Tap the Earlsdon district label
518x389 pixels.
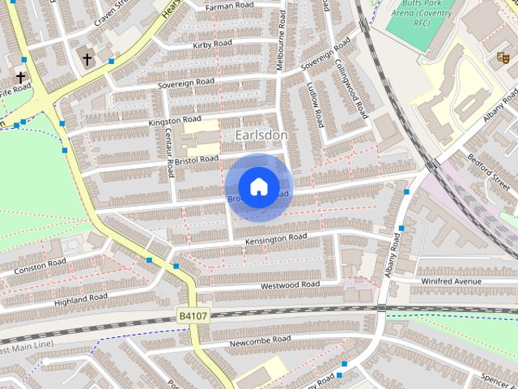(x=261, y=134)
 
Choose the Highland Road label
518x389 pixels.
(x=80, y=299)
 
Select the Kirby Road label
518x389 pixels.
(x=212, y=45)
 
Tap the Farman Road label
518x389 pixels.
(x=229, y=6)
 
